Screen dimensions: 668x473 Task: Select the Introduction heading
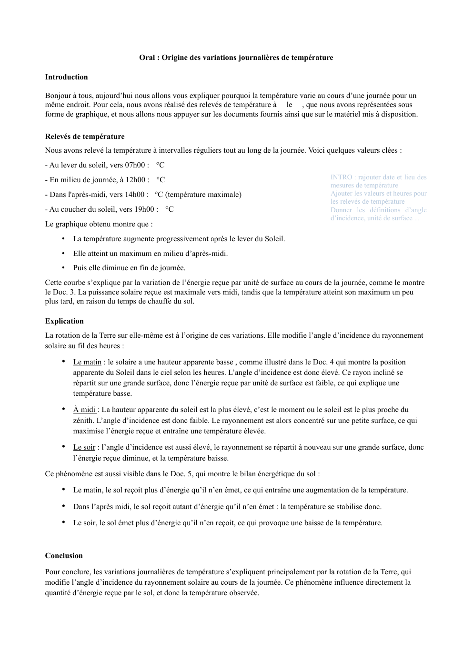(66, 77)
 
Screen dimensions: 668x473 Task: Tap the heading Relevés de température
(85, 137)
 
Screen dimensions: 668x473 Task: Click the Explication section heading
(64, 321)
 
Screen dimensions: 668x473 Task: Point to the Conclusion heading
(64, 556)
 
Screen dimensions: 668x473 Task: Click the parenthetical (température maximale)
(203, 195)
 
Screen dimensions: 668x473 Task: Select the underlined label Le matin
(87, 362)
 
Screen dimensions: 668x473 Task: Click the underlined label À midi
(84, 410)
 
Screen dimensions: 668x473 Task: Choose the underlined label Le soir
(84, 447)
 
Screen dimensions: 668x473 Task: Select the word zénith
(83, 421)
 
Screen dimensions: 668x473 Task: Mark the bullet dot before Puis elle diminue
(63, 267)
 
